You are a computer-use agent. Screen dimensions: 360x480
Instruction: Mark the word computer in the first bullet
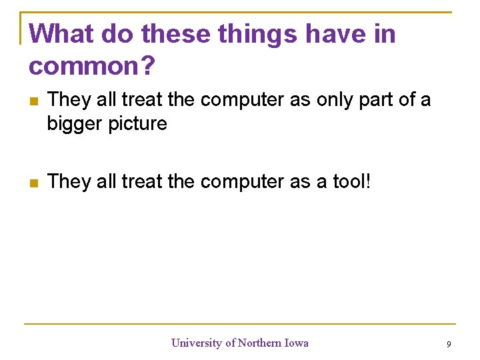(x=243, y=101)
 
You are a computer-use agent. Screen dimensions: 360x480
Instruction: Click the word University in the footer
(x=197, y=343)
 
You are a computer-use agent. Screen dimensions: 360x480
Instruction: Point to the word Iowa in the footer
(x=297, y=343)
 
